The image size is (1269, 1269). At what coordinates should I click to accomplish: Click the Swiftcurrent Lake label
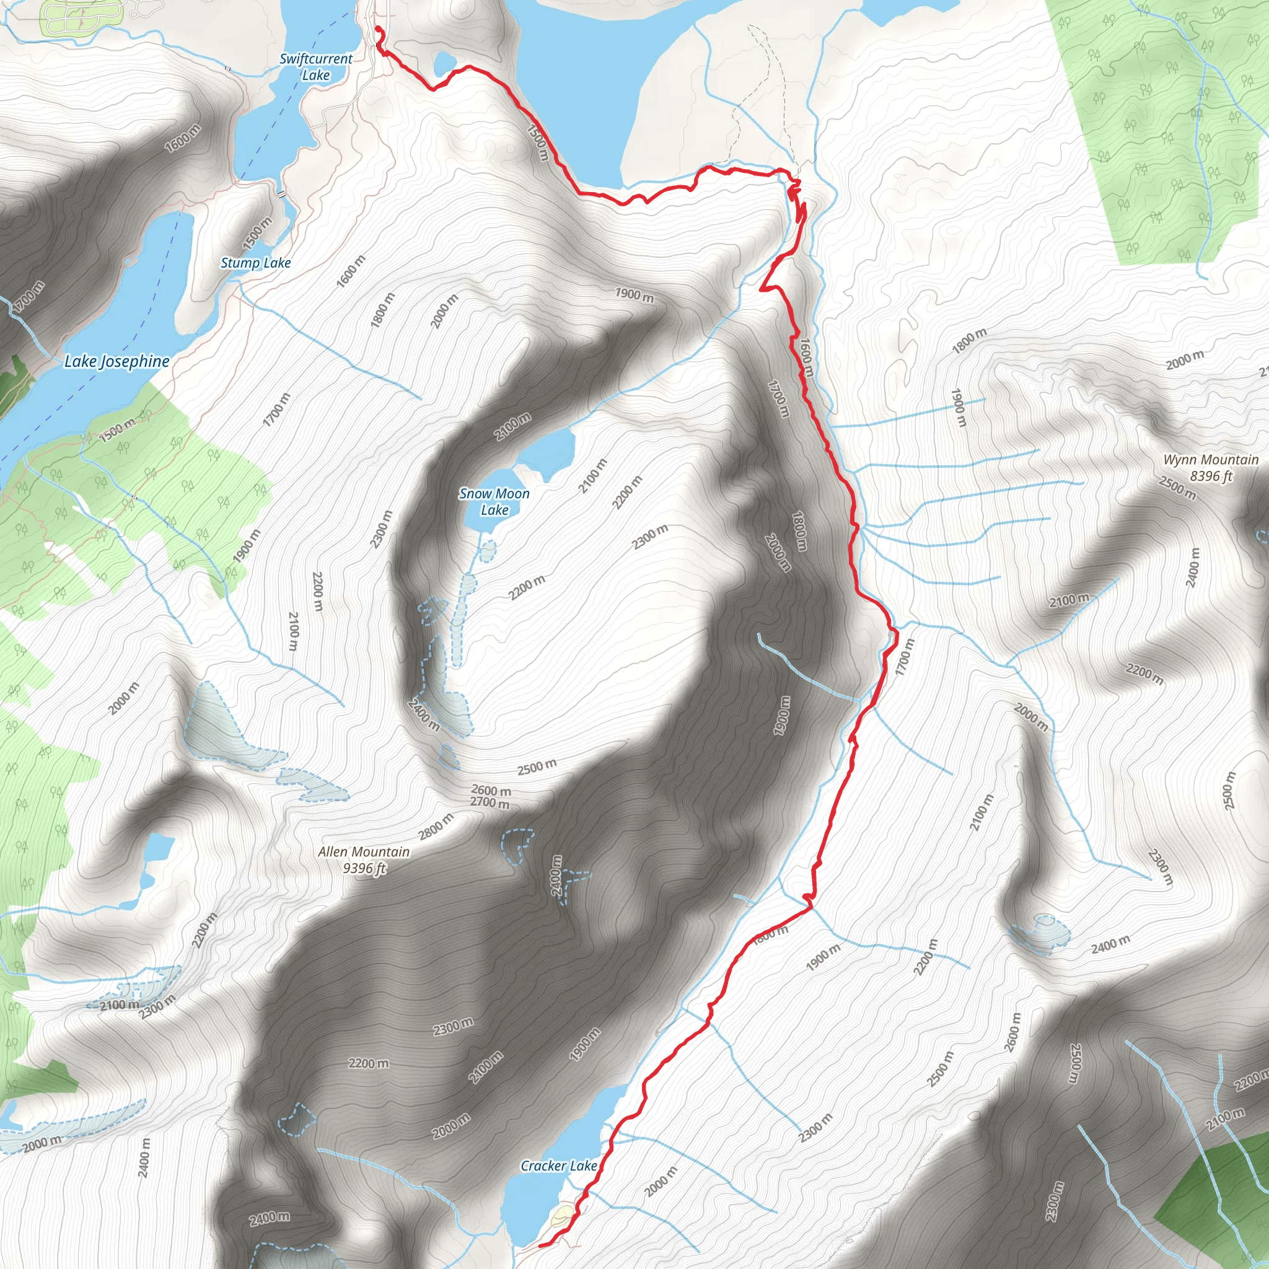316,67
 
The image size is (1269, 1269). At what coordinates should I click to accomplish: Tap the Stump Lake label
255,263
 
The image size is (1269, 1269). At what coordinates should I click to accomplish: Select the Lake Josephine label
117,361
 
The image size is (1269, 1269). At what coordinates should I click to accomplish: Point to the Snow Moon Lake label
494,502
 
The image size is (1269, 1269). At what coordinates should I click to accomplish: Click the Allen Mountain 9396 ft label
364,860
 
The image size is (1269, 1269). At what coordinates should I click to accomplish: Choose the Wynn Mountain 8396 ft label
1211,468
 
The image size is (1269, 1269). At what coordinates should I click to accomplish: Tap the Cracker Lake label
558,1166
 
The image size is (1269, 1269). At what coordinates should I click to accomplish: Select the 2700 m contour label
490,802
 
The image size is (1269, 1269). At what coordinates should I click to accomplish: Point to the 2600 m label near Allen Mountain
491,790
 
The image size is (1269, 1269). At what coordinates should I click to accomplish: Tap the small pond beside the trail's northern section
445,64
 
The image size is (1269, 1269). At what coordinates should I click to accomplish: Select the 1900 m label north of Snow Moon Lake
634,295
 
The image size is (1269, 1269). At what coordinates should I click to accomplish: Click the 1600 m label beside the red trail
806,358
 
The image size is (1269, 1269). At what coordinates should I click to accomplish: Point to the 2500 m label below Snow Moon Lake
537,766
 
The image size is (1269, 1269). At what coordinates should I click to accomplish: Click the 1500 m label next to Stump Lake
258,233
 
